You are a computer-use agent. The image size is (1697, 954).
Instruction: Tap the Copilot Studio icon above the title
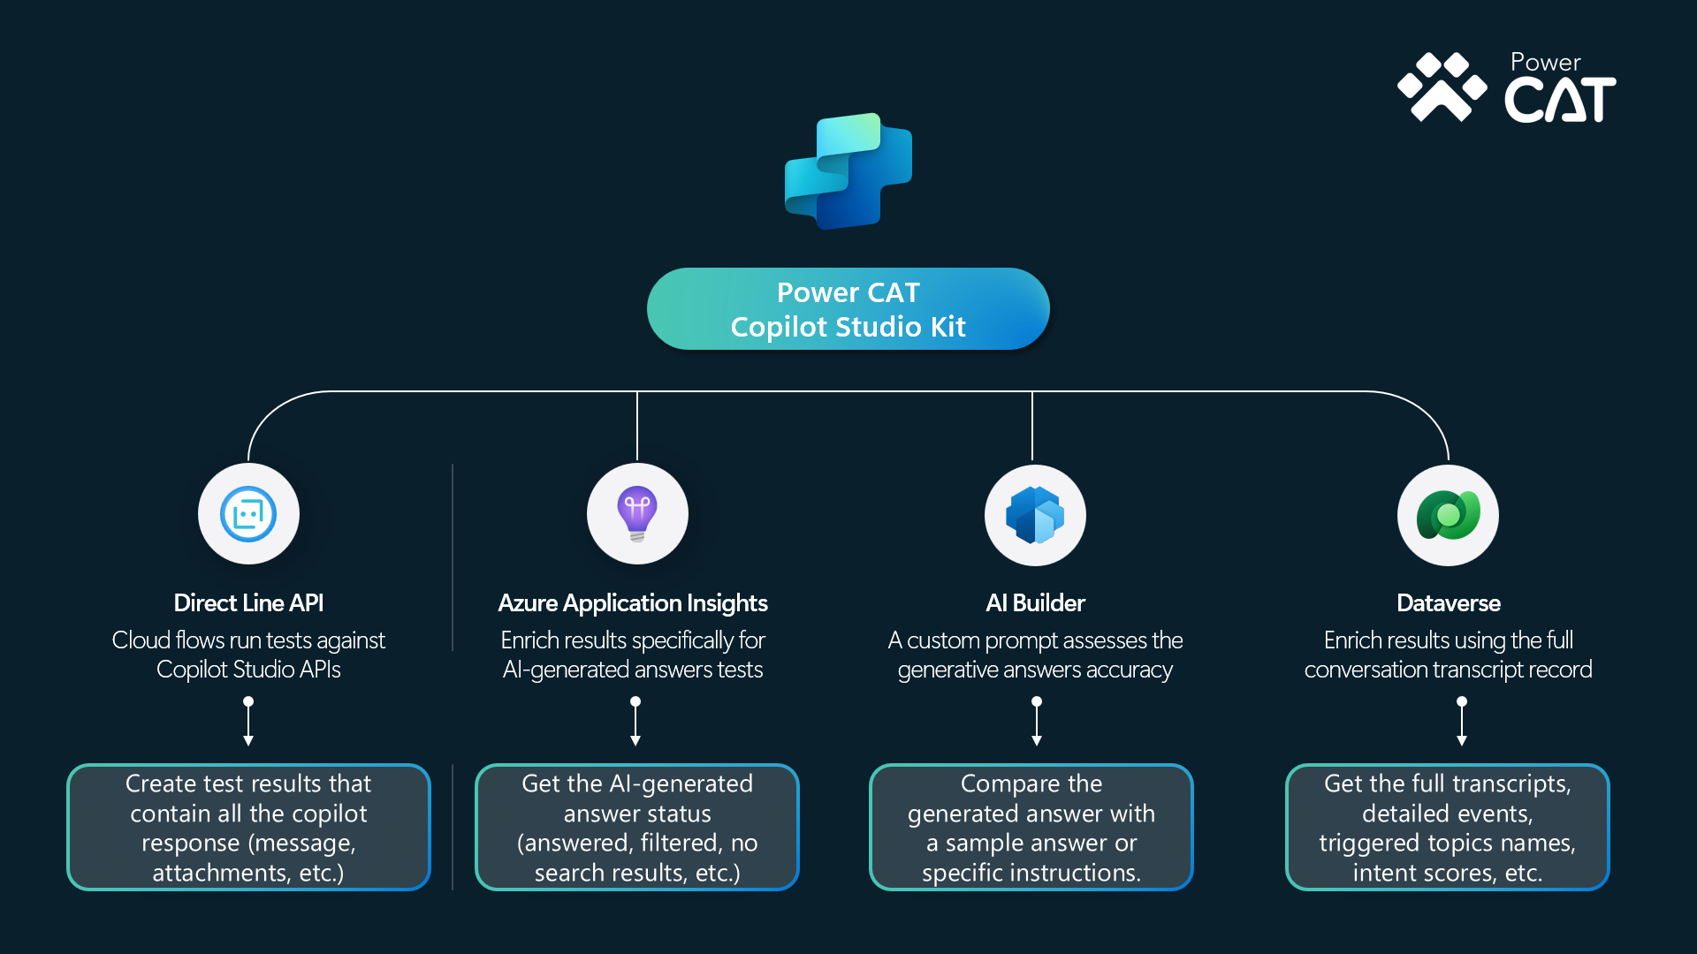pos(848,171)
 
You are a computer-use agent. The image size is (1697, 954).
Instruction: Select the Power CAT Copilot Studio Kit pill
pos(848,309)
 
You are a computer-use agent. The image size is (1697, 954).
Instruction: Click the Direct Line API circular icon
pos(248,514)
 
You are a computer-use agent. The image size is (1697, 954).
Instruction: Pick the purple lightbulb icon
pos(637,514)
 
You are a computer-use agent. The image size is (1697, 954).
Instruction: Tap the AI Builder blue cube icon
pos(1035,515)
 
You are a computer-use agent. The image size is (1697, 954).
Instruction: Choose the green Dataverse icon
pos(1448,515)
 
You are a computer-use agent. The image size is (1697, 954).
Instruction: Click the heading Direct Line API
pos(248,603)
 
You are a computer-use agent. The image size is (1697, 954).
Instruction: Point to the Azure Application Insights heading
pos(633,603)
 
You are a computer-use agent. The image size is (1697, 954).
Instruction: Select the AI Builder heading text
pos(1035,603)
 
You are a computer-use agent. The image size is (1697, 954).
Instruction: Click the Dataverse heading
pos(1449,603)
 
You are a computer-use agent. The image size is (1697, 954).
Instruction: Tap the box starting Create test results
pos(248,828)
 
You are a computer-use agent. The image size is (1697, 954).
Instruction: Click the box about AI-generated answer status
pos(637,828)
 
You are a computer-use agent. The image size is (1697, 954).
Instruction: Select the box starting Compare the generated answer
pos(1031,828)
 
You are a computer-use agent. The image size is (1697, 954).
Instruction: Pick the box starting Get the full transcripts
pos(1448,828)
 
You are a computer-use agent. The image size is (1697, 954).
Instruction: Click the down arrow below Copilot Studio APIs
pos(248,722)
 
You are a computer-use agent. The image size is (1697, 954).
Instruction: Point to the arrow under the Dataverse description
pos(1462,722)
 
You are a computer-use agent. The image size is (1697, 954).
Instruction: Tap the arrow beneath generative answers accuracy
pos(1037,722)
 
